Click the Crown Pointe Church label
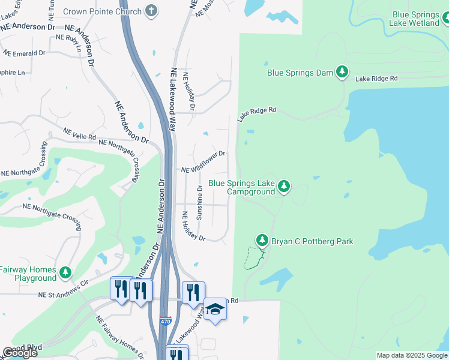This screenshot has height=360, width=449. point(110,11)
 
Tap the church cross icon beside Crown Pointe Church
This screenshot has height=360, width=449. point(152,11)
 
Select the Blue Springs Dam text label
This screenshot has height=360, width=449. point(300,73)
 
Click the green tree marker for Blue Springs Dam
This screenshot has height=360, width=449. point(342,72)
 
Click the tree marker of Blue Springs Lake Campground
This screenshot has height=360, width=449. point(285,187)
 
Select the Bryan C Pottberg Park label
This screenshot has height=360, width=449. point(312,241)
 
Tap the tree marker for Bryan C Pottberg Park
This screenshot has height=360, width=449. point(262,240)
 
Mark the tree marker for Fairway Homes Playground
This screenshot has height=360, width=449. point(65,274)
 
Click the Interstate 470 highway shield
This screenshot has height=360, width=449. point(165,322)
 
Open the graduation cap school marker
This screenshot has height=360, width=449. point(215,309)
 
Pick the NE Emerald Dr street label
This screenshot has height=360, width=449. point(24,53)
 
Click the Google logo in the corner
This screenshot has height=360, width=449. point(20,353)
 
